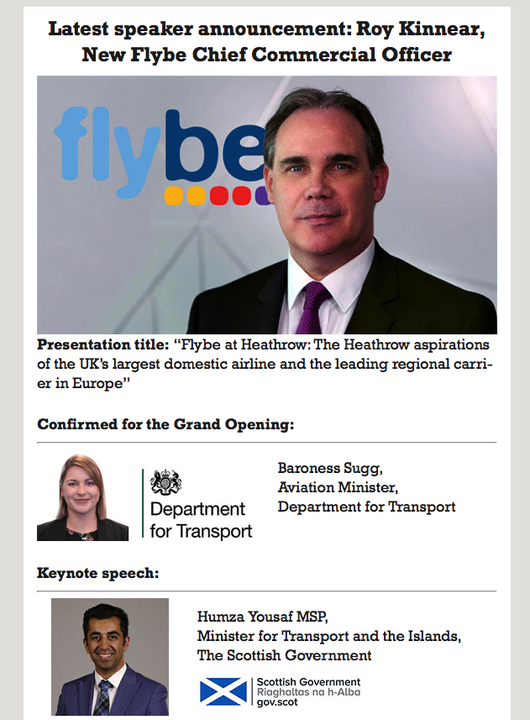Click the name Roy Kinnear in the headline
click(x=420, y=29)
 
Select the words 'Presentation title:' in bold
click(x=103, y=344)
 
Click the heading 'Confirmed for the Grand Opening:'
click(x=165, y=424)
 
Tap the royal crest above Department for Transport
click(x=165, y=481)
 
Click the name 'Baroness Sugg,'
click(x=330, y=468)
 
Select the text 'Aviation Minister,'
click(x=338, y=487)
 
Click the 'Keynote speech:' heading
click(x=97, y=573)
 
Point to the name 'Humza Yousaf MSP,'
click(x=262, y=617)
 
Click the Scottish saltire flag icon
click(x=223, y=691)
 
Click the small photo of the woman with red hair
click(x=82, y=497)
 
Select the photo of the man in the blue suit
click(x=110, y=657)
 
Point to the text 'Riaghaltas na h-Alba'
click(x=308, y=692)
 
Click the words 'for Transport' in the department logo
click(x=201, y=531)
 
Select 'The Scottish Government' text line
click(x=285, y=655)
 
